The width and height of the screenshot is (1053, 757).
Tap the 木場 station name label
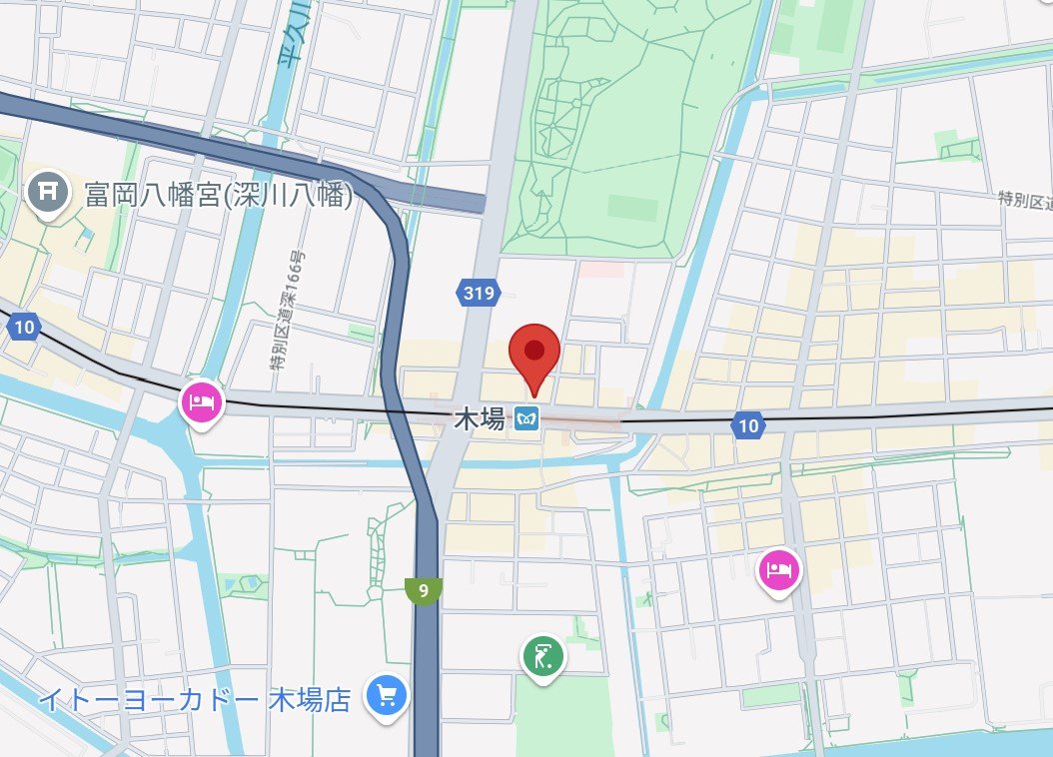(x=479, y=420)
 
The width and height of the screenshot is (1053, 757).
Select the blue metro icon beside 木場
(x=526, y=420)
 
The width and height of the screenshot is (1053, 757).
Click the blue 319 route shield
(x=477, y=293)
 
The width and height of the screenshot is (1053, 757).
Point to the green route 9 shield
(x=425, y=590)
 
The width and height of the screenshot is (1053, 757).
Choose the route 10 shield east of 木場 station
(x=748, y=426)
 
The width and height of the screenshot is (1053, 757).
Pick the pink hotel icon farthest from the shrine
(x=779, y=570)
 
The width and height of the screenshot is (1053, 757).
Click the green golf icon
(x=542, y=657)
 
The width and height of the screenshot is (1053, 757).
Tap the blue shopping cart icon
(x=385, y=695)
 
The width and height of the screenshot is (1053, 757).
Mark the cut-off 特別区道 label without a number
(x=1025, y=200)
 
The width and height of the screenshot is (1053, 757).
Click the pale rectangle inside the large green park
(x=632, y=208)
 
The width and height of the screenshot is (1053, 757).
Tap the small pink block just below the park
(x=602, y=270)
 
